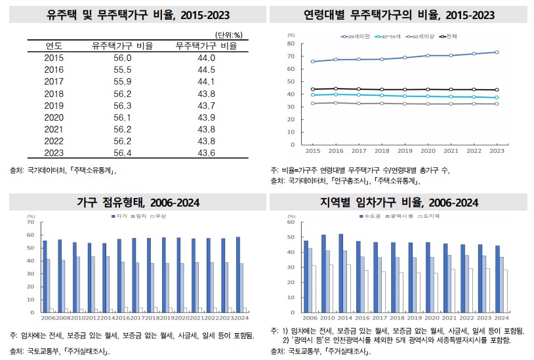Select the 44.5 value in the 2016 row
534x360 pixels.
(205, 70)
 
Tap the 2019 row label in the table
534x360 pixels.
(54, 105)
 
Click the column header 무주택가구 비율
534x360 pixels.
(205, 46)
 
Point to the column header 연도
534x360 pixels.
(54, 46)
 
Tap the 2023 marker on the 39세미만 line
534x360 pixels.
(497, 52)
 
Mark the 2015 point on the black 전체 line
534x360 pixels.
(312, 89)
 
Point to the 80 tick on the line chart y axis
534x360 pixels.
(290, 43)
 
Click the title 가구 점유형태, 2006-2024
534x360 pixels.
(138, 203)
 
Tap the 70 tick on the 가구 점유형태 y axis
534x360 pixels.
(30, 222)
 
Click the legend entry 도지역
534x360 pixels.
(429, 216)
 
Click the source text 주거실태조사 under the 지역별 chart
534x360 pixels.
(345, 351)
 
